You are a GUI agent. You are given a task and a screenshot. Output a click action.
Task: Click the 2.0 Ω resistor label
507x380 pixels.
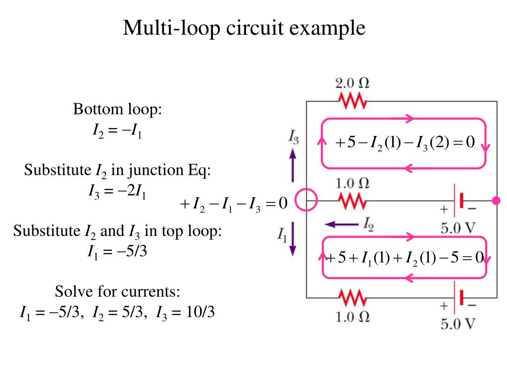click(352, 83)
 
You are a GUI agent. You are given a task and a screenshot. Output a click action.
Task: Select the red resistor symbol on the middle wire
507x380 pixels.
click(353, 201)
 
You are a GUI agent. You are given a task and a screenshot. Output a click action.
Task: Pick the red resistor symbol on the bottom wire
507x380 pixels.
click(353, 297)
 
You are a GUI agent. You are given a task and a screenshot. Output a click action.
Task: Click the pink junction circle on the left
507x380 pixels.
click(306, 200)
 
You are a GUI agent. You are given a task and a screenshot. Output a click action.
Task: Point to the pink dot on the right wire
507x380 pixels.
click(496, 200)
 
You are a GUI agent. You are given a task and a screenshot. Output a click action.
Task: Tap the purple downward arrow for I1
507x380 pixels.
click(293, 239)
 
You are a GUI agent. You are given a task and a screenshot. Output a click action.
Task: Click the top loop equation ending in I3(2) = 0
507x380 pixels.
click(405, 143)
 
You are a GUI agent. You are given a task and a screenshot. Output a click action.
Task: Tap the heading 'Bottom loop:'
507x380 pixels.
click(117, 109)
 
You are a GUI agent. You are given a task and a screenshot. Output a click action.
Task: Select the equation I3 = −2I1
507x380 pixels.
click(117, 190)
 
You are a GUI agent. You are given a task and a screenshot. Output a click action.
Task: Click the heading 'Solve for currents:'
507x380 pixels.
click(117, 291)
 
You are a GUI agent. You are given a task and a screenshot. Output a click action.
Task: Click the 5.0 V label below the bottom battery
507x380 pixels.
click(458, 324)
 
